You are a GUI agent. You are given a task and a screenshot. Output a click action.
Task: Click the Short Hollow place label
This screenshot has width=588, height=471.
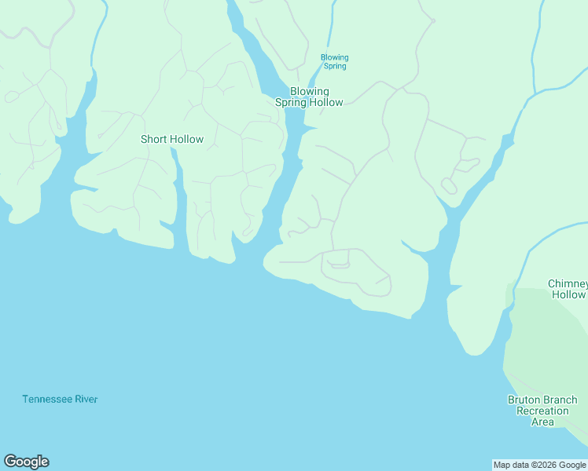(x=171, y=140)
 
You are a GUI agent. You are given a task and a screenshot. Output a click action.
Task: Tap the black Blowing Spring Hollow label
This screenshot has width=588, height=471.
(x=309, y=97)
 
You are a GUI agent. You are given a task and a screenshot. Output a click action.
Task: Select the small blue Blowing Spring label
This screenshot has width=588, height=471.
(x=334, y=61)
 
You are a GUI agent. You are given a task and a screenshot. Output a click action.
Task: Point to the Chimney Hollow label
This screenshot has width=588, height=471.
(x=568, y=289)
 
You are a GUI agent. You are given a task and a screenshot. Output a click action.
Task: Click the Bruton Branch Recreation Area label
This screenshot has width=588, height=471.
(x=542, y=411)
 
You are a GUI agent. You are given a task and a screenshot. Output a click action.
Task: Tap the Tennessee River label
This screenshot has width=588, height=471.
(x=60, y=400)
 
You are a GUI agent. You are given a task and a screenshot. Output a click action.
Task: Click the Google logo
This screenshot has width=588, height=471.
(x=26, y=462)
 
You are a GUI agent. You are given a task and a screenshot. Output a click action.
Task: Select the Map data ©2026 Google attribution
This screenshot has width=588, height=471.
(x=540, y=465)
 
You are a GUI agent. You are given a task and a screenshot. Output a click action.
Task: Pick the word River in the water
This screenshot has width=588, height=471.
(x=86, y=400)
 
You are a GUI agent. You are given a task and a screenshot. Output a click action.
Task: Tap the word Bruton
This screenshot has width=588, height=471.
(x=524, y=400)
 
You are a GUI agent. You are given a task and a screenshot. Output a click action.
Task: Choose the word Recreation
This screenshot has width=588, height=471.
(x=542, y=411)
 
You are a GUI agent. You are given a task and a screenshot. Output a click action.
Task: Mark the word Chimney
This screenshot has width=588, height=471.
(x=568, y=283)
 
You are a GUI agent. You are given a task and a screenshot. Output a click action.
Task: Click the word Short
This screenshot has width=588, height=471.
(x=154, y=140)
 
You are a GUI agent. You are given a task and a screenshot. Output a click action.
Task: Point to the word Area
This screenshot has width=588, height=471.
(x=542, y=422)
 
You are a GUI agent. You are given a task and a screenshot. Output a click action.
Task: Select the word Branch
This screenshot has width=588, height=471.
(x=560, y=400)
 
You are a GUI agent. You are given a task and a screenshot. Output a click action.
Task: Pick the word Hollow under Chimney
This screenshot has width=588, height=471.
(x=568, y=295)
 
